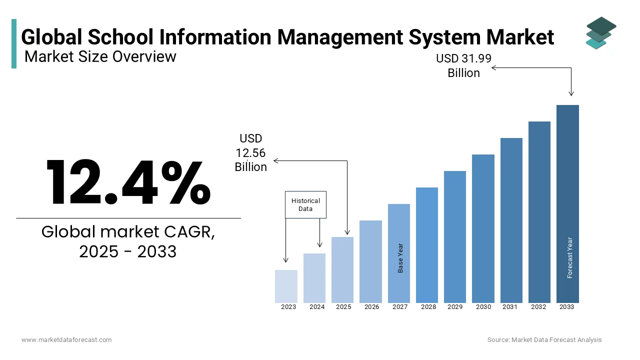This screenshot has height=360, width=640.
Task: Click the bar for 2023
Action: tap(286, 286)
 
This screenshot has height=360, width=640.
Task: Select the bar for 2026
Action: tap(370, 261)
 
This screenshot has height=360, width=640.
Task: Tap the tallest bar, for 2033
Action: tap(567, 203)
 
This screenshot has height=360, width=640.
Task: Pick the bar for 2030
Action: tap(483, 228)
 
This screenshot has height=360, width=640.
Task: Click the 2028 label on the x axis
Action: tap(428, 307)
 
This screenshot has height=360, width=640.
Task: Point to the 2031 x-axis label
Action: tap(510, 307)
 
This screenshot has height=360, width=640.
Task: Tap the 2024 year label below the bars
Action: tap(317, 307)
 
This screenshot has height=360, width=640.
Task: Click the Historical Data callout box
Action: tap(305, 204)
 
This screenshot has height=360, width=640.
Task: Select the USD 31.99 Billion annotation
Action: tap(463, 65)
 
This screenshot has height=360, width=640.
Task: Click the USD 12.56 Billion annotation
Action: tap(251, 152)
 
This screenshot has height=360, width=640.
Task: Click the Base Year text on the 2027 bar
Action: tap(400, 258)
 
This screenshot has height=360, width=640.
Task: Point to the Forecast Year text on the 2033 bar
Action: tap(570, 257)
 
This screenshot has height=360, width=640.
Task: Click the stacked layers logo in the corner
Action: tap(600, 33)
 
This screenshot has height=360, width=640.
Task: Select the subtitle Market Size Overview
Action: tap(100, 56)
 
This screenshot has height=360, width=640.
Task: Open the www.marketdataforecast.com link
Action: tap(66, 339)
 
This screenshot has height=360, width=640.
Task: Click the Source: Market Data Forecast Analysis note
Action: tap(544, 339)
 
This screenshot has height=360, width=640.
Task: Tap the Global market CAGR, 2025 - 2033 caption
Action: tap(128, 241)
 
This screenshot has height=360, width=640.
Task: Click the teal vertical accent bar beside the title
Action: tap(14, 43)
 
